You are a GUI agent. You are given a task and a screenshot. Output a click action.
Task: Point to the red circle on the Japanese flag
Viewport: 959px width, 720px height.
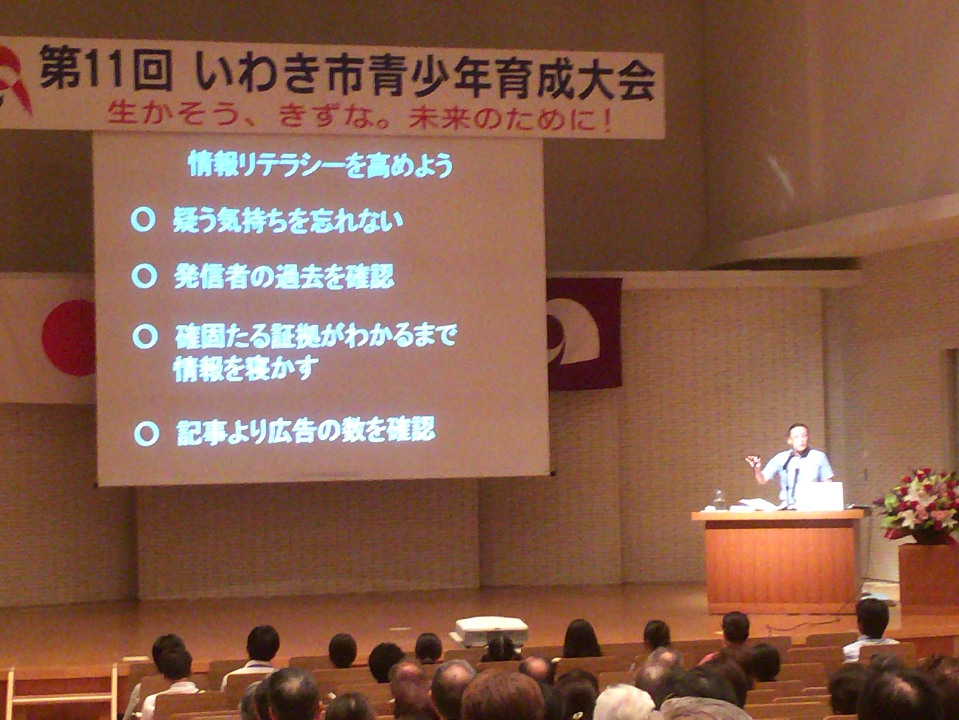[69, 338]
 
